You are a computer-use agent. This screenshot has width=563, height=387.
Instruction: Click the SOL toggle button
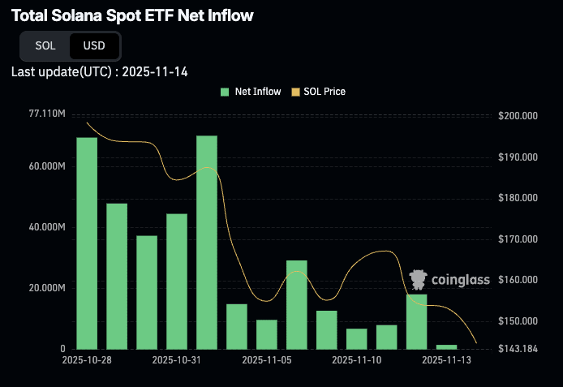[x=45, y=45]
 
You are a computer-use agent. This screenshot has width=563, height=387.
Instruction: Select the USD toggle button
[x=94, y=45]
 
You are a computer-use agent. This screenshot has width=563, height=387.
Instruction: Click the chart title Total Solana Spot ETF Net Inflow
[x=131, y=15]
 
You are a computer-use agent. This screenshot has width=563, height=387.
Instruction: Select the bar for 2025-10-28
[x=87, y=243]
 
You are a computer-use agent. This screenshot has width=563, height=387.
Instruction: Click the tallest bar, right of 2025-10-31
[x=207, y=242]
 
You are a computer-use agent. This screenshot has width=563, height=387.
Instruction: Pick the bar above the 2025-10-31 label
[x=177, y=281]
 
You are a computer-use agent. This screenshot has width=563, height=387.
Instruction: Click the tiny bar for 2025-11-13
[x=447, y=346]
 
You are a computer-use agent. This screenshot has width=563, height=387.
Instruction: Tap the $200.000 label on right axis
[x=518, y=116]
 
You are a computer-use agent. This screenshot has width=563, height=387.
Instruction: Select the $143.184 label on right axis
[x=518, y=349]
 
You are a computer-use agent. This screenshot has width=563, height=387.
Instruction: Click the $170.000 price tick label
[x=518, y=239]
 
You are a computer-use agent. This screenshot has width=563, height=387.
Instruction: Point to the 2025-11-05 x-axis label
[x=267, y=359]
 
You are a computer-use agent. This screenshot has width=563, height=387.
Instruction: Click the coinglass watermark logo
[x=449, y=280]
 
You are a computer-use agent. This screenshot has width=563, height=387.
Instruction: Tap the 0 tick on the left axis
[x=62, y=349]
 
